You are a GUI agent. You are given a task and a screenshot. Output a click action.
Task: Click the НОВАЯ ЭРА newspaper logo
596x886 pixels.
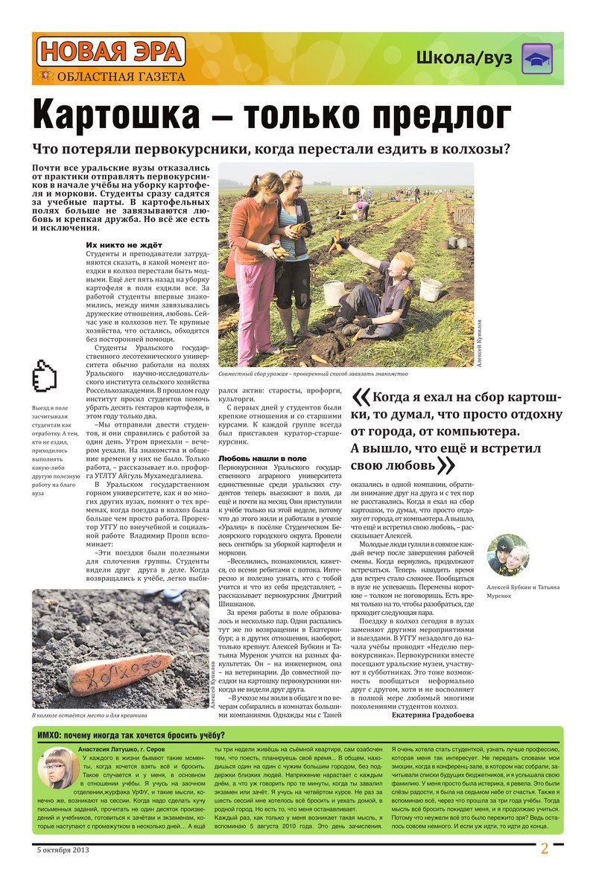(110, 51)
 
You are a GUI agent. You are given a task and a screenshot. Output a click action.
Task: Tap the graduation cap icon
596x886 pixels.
(536, 59)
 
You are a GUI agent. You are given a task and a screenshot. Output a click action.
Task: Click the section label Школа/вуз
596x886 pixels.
(464, 59)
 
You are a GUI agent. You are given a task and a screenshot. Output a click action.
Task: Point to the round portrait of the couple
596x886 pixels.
(508, 555)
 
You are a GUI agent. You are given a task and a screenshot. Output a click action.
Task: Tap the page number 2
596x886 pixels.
(544, 849)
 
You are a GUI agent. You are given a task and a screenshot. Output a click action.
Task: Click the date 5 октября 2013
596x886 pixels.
(66, 849)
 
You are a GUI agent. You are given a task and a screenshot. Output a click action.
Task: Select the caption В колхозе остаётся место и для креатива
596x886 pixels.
(89, 716)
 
